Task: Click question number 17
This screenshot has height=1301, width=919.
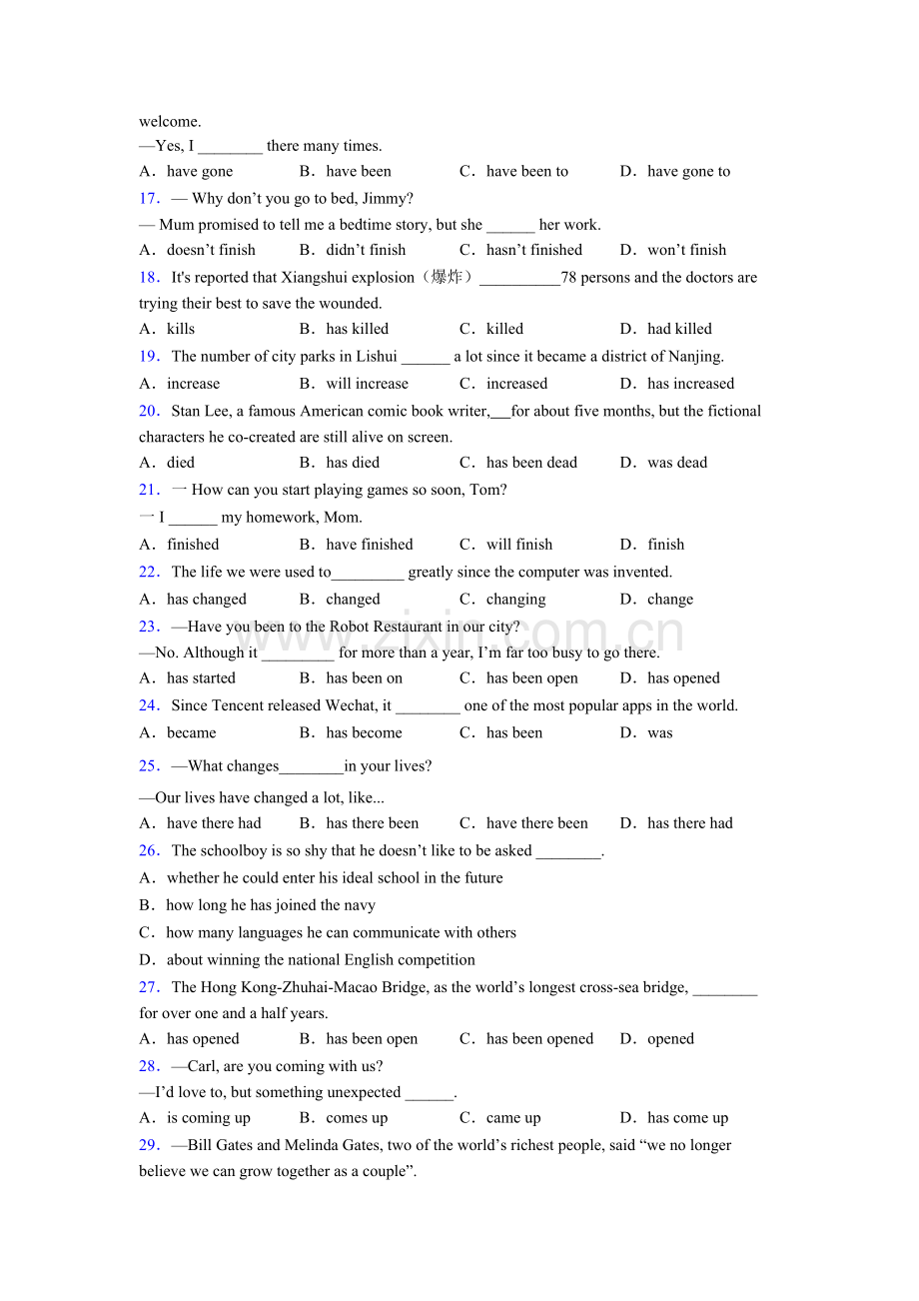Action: coord(149,198)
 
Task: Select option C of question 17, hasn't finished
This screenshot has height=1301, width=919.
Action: coord(533,250)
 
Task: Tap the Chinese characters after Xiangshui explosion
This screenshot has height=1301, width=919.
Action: coord(445,277)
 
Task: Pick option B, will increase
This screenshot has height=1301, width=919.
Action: coord(367,384)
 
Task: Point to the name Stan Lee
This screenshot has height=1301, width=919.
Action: coord(201,411)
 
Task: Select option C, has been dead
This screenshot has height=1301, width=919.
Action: coord(531,463)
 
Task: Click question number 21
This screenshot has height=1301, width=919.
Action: coord(149,490)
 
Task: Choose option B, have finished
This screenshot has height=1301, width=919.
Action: coord(369,545)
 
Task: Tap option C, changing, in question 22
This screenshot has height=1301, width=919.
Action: coord(515,600)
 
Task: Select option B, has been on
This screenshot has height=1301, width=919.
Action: coord(364,678)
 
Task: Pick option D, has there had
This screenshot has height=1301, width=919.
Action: coord(689,823)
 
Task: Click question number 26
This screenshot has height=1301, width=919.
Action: coord(149,850)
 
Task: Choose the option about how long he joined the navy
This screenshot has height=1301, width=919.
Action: coord(271,905)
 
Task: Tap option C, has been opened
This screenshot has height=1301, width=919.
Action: coord(539,1039)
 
